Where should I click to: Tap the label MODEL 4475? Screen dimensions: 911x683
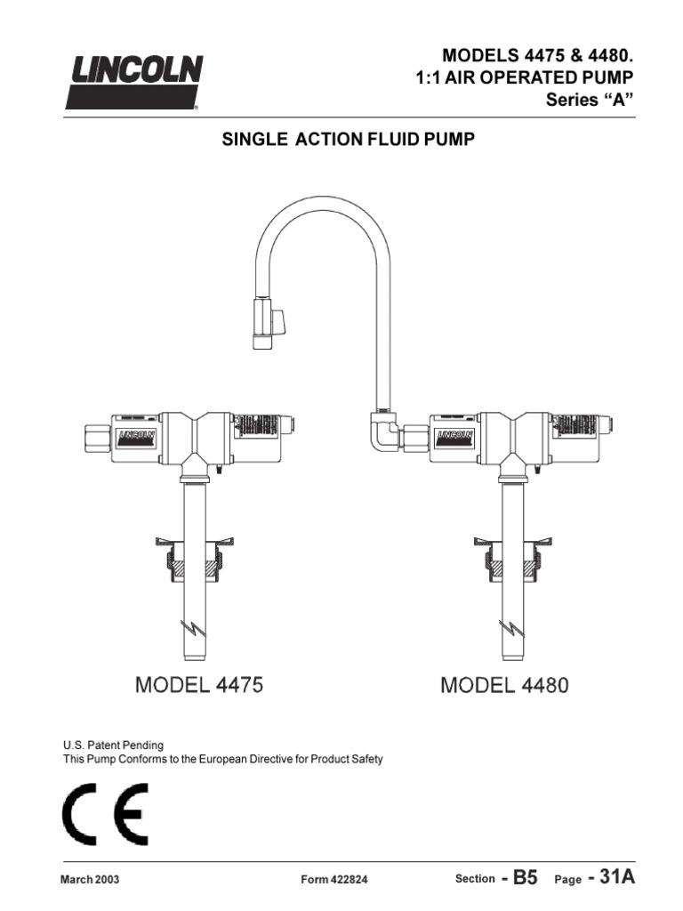(x=199, y=686)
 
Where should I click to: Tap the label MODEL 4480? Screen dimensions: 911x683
(x=505, y=686)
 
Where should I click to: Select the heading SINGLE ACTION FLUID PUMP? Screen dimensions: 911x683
(x=341, y=141)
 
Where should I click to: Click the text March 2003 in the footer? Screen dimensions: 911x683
(x=89, y=880)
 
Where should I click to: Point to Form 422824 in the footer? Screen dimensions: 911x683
(x=334, y=880)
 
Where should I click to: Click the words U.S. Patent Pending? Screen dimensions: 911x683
(x=113, y=745)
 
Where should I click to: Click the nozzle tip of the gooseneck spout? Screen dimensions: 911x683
(x=264, y=341)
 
